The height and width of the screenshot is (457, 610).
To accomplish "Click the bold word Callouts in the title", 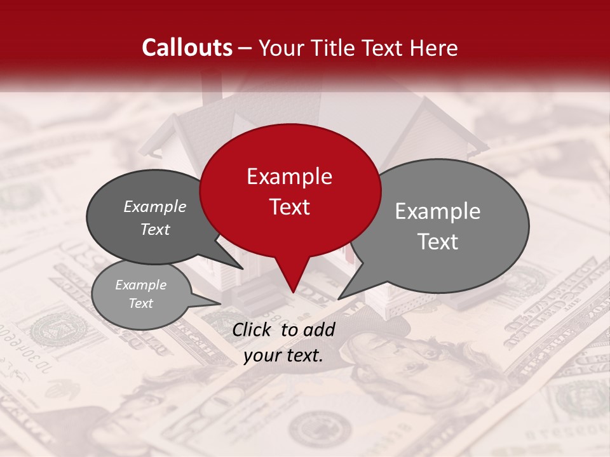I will (x=187, y=48).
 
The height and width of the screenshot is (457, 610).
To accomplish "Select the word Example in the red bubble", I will (x=289, y=176).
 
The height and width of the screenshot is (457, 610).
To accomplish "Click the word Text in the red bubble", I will (x=289, y=207).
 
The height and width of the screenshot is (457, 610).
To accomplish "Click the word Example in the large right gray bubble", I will (x=437, y=211).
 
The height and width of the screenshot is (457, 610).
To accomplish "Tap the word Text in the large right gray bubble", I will (x=438, y=242).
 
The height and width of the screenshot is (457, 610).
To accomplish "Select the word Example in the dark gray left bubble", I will (x=155, y=207).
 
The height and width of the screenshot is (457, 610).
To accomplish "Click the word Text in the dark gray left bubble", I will (x=155, y=230).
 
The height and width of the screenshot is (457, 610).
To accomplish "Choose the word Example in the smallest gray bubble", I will (x=140, y=285).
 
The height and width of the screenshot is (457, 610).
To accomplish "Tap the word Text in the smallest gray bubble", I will (x=140, y=303).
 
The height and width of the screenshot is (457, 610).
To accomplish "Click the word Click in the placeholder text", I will (x=254, y=329).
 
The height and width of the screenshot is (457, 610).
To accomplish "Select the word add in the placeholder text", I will (x=319, y=329).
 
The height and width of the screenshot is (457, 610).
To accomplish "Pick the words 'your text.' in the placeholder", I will (x=283, y=356).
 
